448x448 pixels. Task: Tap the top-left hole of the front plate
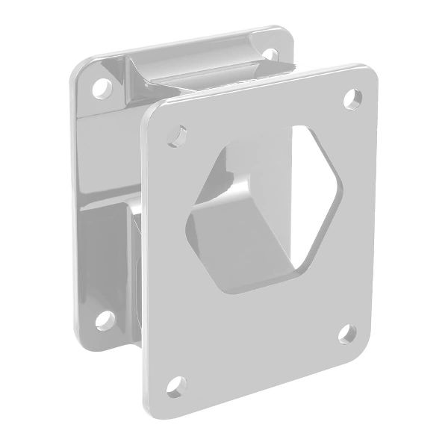(177, 135)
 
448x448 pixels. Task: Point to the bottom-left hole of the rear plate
(97, 325)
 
